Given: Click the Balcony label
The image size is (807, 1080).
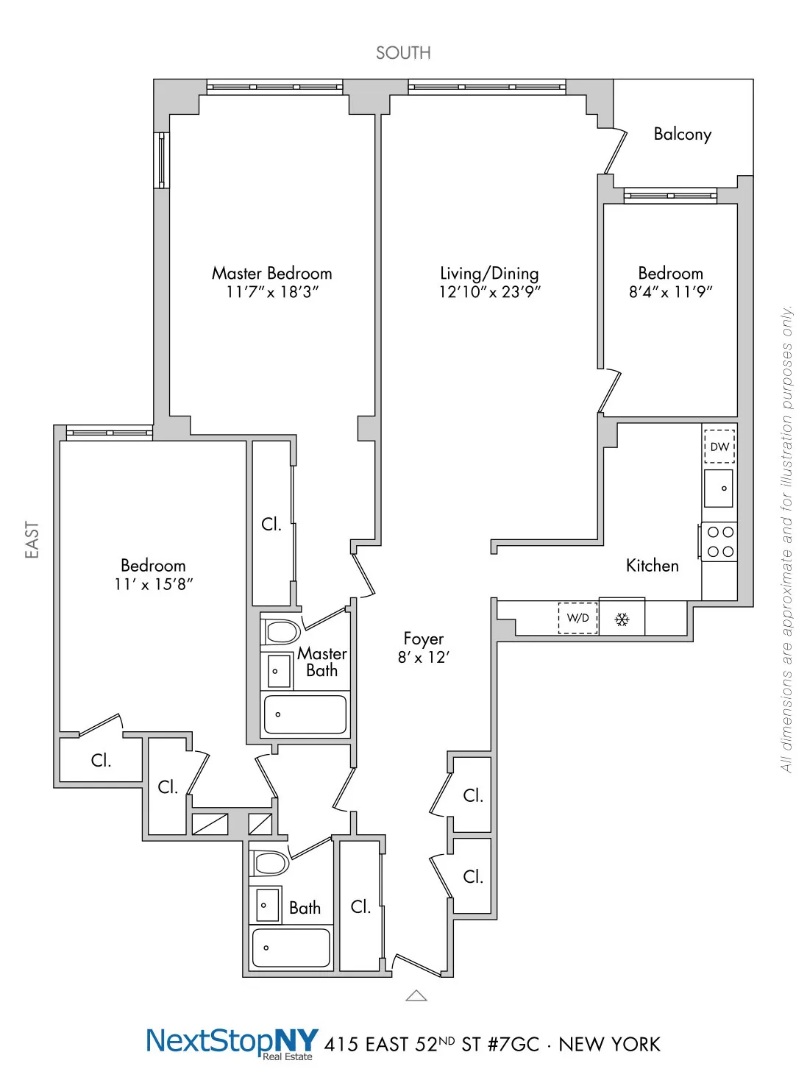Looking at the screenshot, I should (682, 134).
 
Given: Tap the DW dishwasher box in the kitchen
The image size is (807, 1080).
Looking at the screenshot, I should (719, 447).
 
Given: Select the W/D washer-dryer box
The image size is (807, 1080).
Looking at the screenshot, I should (577, 618).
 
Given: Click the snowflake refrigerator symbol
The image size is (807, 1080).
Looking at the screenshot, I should (622, 619).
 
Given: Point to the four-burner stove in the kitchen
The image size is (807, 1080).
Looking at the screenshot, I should (719, 541).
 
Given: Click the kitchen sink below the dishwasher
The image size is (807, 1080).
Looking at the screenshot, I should (719, 489).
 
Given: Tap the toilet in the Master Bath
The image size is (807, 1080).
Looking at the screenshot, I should (282, 631).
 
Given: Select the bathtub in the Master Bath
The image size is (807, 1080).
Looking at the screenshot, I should (305, 714).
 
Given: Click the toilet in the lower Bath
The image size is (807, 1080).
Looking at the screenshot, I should (270, 863).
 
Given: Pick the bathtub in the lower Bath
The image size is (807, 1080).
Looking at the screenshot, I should (291, 948).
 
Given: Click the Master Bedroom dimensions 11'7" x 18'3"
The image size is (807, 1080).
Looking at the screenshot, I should (272, 292).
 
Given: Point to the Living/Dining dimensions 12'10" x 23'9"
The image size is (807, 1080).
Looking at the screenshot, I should (489, 292).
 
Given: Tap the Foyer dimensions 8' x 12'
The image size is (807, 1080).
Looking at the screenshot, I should (423, 658).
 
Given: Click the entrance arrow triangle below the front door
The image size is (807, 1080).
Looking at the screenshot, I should (416, 995).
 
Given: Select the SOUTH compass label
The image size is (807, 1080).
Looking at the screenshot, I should (403, 53).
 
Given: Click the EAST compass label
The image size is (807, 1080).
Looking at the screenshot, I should (32, 539).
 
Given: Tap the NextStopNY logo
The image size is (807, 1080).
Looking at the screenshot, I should (232, 1042).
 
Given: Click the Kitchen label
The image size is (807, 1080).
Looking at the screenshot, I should (652, 565).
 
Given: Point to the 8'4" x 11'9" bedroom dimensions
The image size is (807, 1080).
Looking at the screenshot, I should (670, 292).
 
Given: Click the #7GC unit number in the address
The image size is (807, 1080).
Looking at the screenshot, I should (513, 1045).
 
